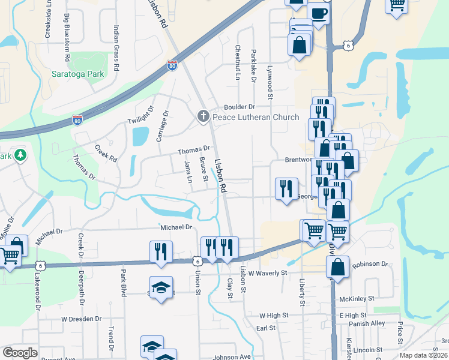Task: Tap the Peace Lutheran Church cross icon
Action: click(x=203, y=116)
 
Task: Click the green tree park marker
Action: click(x=20, y=155)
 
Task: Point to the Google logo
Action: click(x=20, y=353)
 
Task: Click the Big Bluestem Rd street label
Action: click(x=67, y=36)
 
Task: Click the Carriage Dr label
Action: click(x=163, y=125)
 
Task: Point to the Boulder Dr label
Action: click(x=240, y=107)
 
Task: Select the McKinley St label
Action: click(x=357, y=298)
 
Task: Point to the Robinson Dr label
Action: click(x=370, y=264)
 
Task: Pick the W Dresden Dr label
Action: click(x=85, y=319)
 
